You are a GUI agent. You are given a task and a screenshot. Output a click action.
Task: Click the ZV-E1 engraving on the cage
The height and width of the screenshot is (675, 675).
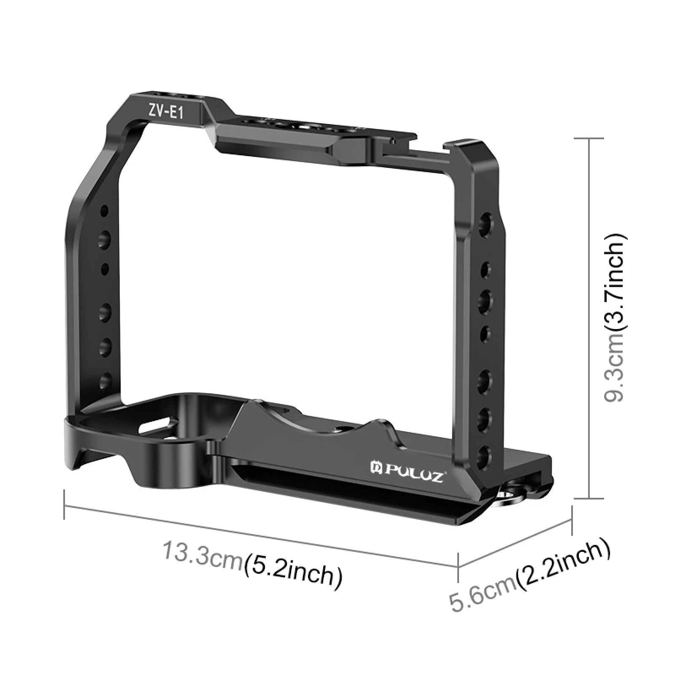165,111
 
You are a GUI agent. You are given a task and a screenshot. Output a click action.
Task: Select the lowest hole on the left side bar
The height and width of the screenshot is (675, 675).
104,381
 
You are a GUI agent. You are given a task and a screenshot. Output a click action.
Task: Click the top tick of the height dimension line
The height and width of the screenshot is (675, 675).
589,138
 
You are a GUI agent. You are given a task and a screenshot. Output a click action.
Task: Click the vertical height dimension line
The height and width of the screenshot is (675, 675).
589,316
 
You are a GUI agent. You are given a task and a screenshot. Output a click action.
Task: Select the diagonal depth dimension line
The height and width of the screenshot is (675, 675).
515,544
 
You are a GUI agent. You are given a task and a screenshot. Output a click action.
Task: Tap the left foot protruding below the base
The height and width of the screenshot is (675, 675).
76,456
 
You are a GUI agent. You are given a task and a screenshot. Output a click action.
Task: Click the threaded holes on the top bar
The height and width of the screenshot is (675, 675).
295,127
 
